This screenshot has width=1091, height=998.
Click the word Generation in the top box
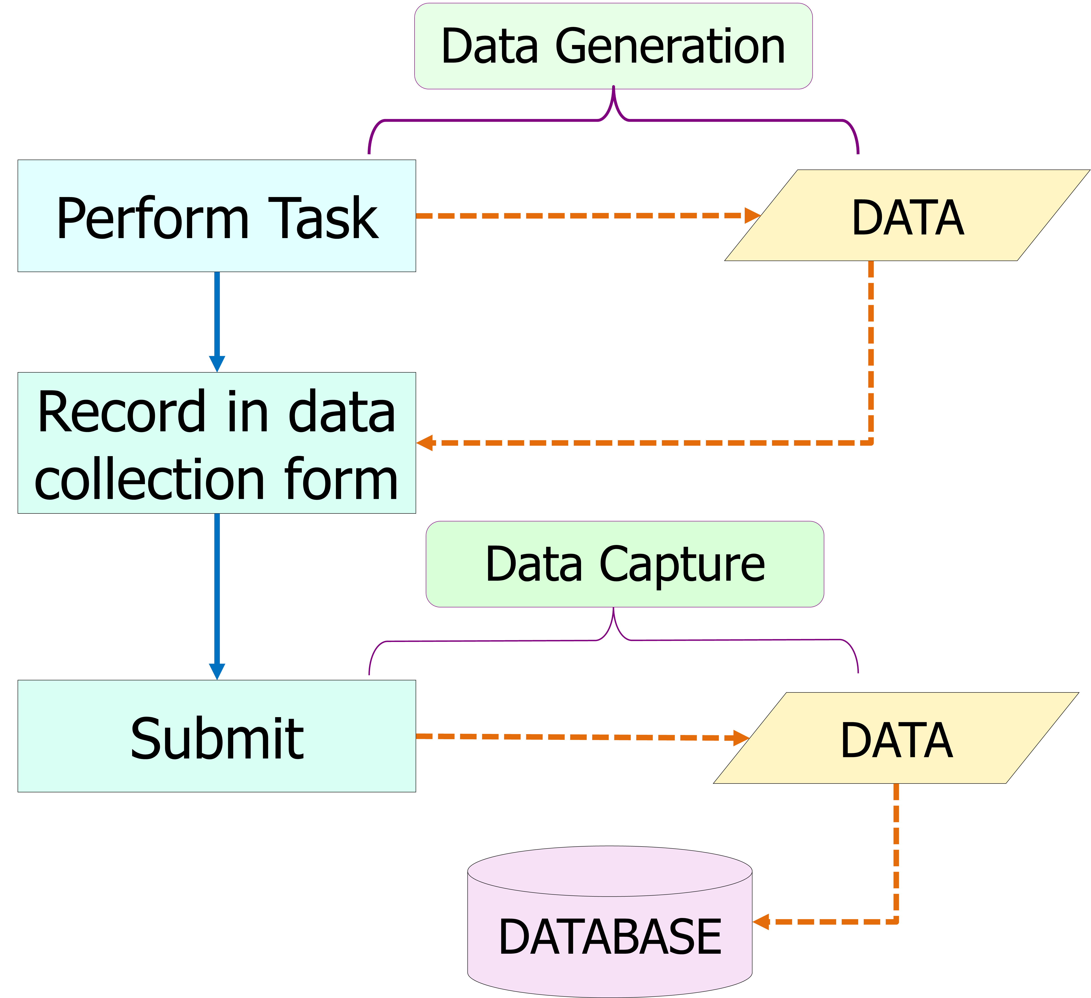pyautogui.click(x=670, y=47)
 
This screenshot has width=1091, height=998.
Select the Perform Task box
pyautogui.click(x=217, y=216)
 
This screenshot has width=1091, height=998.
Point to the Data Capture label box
pyautogui.click(x=625, y=564)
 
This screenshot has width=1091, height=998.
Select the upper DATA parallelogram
pyautogui.click(x=907, y=216)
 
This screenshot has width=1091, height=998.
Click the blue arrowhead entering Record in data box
pyautogui.click(x=217, y=364)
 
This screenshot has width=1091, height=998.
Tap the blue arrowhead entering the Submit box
pyautogui.click(x=217, y=672)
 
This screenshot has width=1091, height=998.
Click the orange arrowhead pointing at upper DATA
pyautogui.click(x=752, y=216)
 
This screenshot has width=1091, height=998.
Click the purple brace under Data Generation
pyautogui.click(x=613, y=116)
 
